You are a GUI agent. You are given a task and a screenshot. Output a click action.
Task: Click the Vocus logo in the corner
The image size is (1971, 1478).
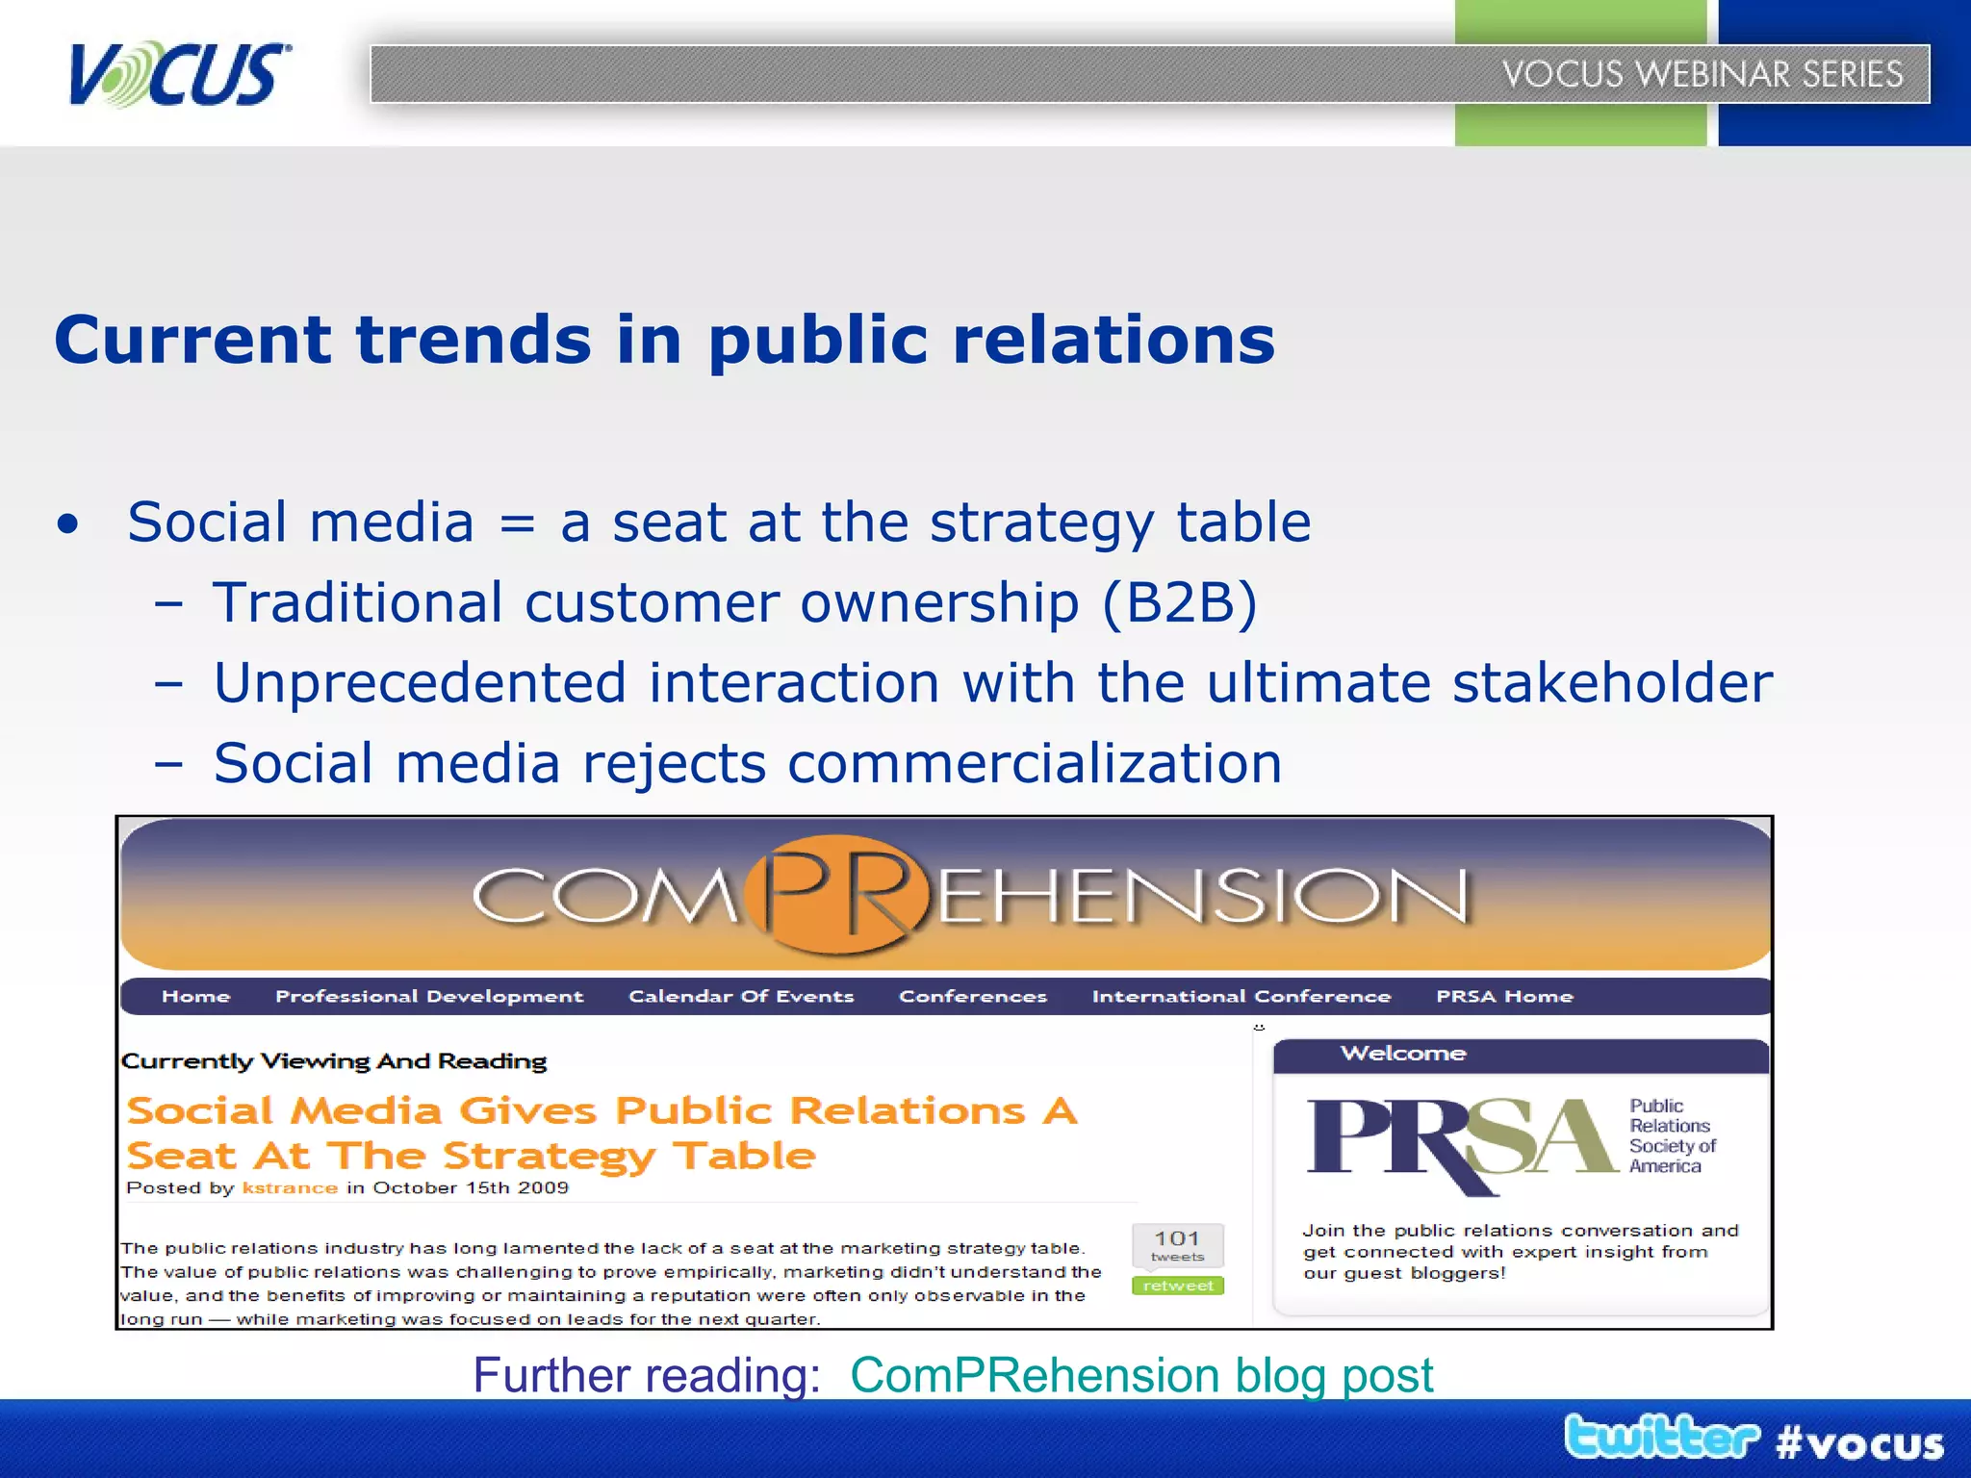[x=178, y=74]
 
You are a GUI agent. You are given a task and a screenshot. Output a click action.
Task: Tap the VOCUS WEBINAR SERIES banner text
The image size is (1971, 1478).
[x=1702, y=74]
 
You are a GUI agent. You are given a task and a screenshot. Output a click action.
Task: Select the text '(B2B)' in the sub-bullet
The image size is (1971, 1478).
[x=1179, y=603]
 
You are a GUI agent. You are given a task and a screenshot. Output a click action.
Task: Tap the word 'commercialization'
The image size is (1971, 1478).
[x=1035, y=764]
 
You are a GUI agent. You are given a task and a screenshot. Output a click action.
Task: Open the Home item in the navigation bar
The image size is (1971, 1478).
[x=195, y=997]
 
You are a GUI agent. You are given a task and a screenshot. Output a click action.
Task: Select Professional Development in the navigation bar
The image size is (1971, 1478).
[x=429, y=997]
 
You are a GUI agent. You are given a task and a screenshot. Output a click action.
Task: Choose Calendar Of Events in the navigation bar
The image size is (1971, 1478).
[x=741, y=997]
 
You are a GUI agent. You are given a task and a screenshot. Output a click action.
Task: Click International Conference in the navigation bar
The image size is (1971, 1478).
[x=1241, y=997]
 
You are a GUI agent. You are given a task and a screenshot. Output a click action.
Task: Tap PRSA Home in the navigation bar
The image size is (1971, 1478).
[x=1504, y=997]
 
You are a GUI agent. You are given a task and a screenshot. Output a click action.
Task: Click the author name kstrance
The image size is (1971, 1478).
[x=290, y=1188]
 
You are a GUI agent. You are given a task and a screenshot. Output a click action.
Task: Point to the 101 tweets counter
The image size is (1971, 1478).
[x=1177, y=1245]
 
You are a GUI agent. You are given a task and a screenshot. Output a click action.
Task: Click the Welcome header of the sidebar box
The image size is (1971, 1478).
[x=1403, y=1054]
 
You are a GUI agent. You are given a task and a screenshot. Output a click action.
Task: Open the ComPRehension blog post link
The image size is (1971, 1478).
[x=1141, y=1375]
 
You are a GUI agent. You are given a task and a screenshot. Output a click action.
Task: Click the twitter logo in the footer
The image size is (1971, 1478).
[x=1661, y=1439]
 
